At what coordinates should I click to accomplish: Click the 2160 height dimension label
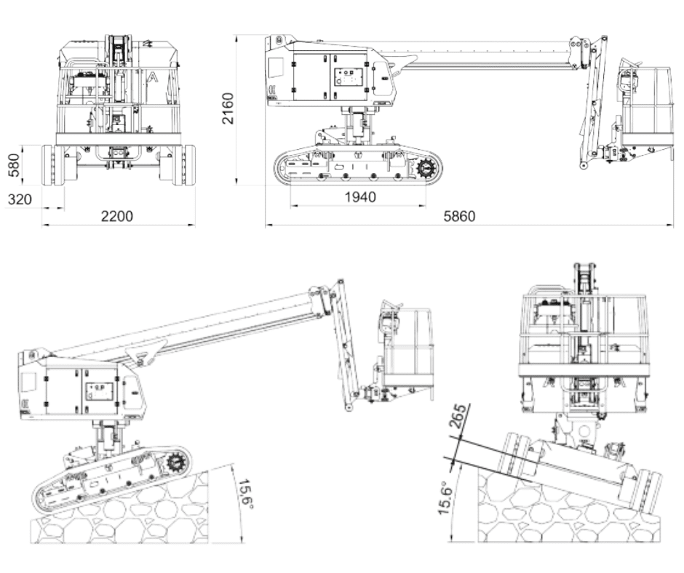(228, 108)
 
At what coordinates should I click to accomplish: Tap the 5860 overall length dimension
(459, 216)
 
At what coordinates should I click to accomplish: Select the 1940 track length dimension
(360, 197)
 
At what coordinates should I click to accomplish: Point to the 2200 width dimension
(117, 216)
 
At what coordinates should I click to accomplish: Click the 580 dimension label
(15, 165)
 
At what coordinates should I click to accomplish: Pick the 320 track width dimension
(20, 199)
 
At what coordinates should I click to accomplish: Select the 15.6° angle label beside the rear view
(445, 498)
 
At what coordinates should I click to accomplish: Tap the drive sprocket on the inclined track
(176, 462)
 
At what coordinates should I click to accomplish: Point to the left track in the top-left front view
(53, 165)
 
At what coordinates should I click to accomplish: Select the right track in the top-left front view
(184, 165)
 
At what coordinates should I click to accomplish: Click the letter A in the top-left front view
(153, 78)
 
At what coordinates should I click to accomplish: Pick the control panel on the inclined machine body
(100, 390)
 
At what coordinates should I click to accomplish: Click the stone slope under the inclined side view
(120, 510)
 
